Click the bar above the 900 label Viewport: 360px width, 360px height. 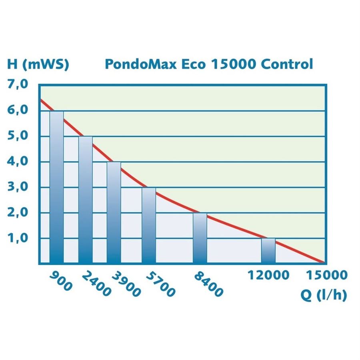click(x=57, y=187)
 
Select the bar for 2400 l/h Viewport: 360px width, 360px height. click(x=86, y=200)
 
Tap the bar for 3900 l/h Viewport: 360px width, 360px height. click(x=114, y=213)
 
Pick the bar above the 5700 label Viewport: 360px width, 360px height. click(x=149, y=226)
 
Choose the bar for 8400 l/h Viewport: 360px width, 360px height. click(x=200, y=238)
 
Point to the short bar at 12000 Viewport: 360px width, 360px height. click(x=268, y=251)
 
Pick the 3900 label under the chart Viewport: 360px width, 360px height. click(x=126, y=284)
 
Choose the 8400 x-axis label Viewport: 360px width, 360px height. click(x=208, y=284)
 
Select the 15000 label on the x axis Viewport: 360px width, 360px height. click(x=326, y=275)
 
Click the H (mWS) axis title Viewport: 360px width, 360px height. click(x=38, y=64)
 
